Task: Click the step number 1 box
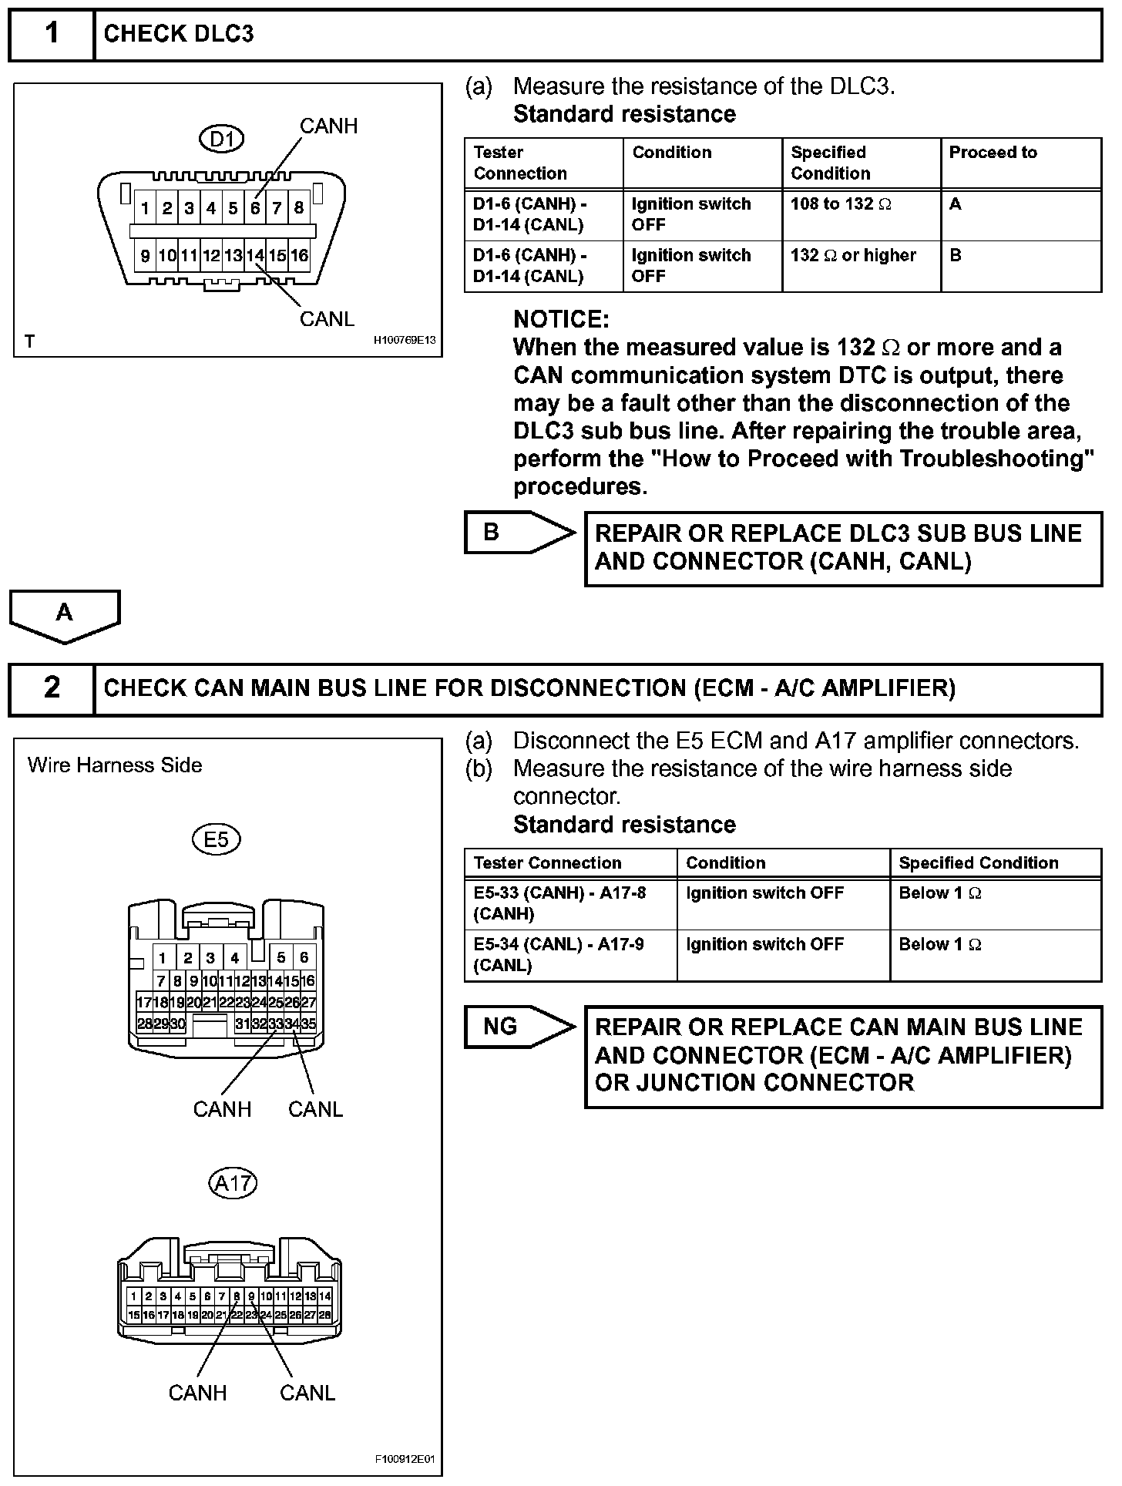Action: (x=51, y=34)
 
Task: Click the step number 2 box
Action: (x=51, y=688)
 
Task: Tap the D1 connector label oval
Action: (x=222, y=139)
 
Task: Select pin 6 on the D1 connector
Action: (x=255, y=208)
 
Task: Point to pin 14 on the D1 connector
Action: (x=255, y=256)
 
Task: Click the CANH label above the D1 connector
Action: (x=328, y=126)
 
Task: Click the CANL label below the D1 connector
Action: (x=327, y=319)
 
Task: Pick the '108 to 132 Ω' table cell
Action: (x=860, y=214)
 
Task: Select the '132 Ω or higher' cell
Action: (x=860, y=266)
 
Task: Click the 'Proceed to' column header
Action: (x=993, y=153)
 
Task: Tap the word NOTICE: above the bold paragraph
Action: (x=561, y=319)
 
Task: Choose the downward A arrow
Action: (x=65, y=615)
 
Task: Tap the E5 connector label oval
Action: (x=216, y=839)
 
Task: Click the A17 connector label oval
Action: (x=233, y=1182)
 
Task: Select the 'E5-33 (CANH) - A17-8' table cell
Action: (x=570, y=903)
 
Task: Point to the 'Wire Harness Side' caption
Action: (x=115, y=765)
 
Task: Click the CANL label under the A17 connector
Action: (x=307, y=1393)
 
